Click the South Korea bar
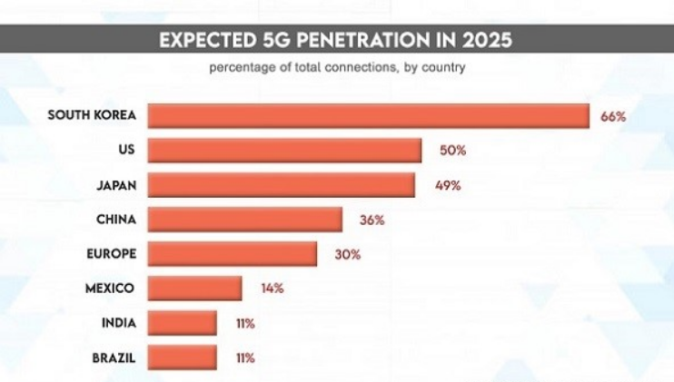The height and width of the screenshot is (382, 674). pos(368,116)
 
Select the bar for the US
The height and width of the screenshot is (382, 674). pos(284,151)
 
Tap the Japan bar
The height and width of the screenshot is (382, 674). pos(281,185)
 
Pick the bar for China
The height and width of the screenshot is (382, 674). pos(244,220)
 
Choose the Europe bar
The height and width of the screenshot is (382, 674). pos(232,254)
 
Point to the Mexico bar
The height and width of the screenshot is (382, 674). pos(194,289)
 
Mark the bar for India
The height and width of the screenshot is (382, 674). pos(182,323)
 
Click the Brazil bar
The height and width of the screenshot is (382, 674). pos(182,357)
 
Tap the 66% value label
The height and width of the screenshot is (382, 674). pos(613,116)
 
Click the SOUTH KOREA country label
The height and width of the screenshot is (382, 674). pos(91,116)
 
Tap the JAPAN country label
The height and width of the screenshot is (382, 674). pos(115,185)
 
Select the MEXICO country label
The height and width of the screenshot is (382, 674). pos(111,289)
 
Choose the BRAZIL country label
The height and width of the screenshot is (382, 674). pos(114,358)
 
